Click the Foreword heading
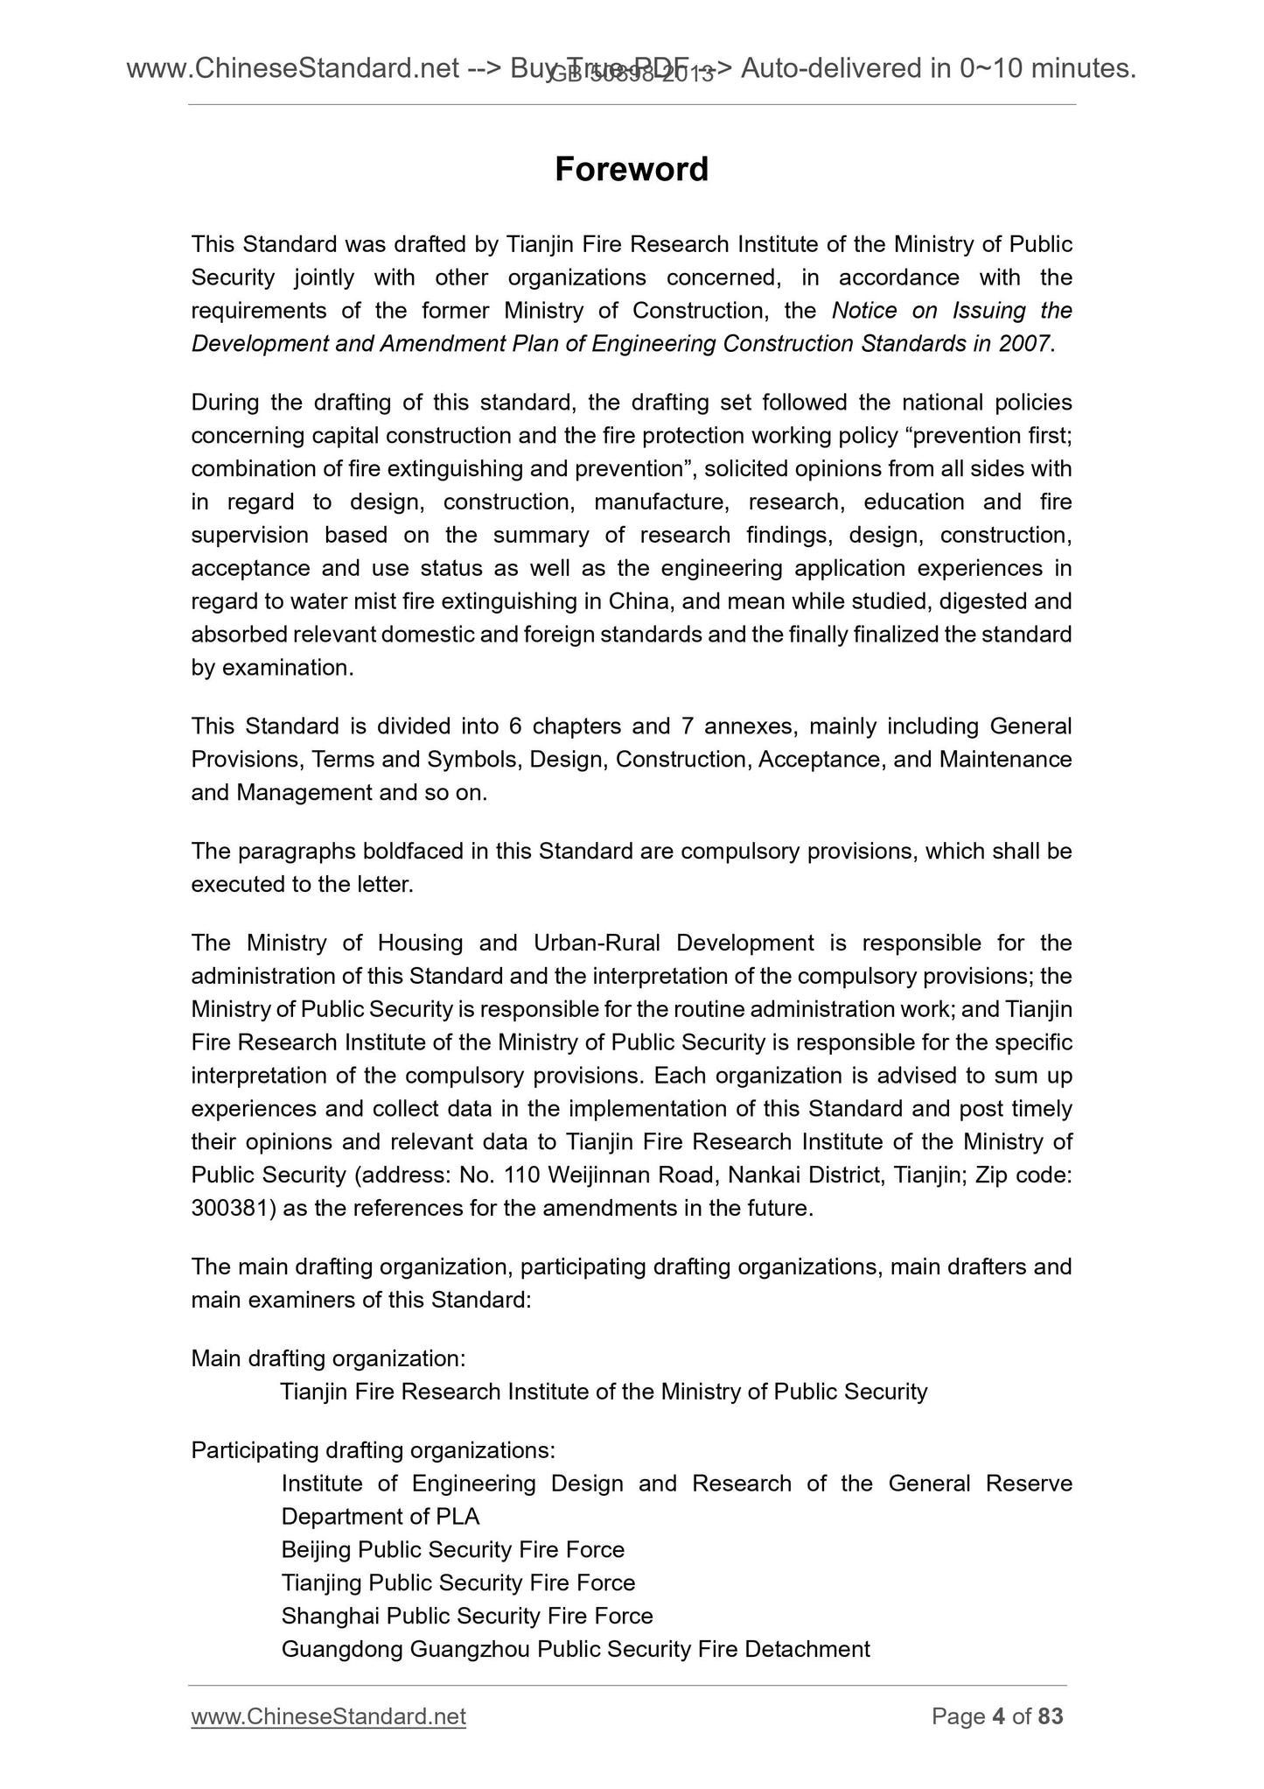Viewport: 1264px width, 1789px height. [x=632, y=169]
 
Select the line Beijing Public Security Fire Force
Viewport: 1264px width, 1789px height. [x=453, y=1550]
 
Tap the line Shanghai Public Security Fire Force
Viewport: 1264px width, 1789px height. [x=467, y=1617]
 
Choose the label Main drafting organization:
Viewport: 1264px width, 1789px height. [x=328, y=1359]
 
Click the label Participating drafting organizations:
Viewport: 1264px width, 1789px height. [x=373, y=1451]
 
